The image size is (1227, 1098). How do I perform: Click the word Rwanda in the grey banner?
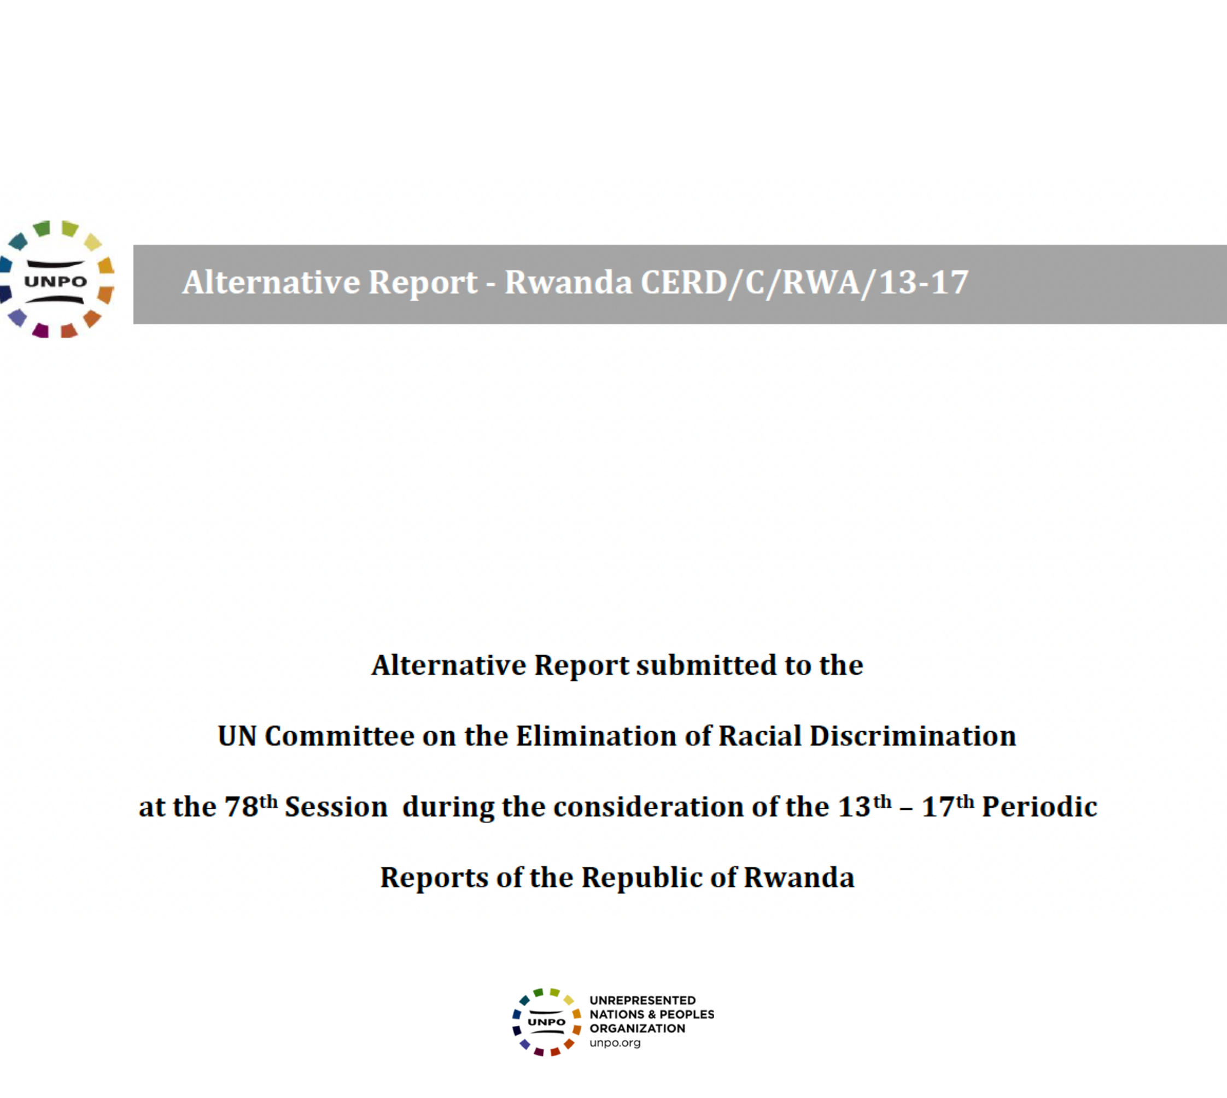coord(568,282)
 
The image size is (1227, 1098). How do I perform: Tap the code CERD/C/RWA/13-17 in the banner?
coord(804,282)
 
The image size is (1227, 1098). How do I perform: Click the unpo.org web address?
coord(615,1043)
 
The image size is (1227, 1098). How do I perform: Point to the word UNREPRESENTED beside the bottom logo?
coord(642,1000)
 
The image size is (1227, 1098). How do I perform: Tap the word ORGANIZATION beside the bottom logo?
coord(637,1029)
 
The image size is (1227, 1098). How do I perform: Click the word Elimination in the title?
coord(595,736)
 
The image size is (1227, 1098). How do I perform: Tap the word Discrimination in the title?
coord(912,736)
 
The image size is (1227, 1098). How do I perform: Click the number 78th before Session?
coord(251,806)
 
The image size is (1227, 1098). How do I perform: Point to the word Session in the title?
coord(336,807)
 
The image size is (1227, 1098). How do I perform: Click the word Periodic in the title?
coord(1039,807)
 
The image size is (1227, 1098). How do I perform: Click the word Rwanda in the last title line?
coord(799,878)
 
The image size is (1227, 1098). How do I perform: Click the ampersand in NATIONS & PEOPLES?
coord(652,1015)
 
